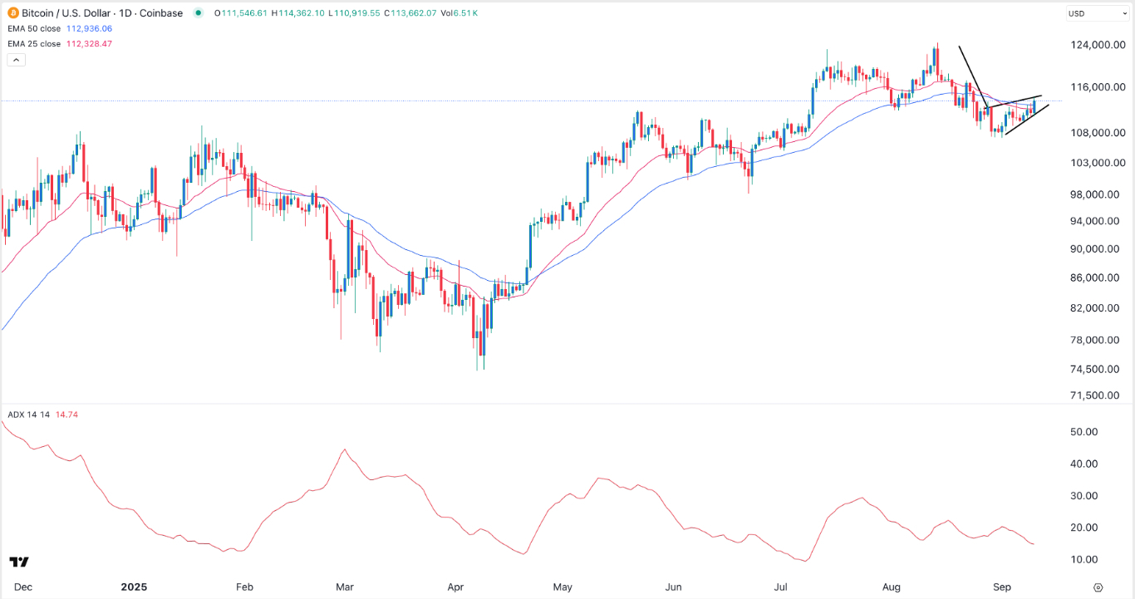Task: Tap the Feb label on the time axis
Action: pos(243,587)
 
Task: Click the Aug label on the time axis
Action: pos(892,587)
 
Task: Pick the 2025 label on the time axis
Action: pos(134,587)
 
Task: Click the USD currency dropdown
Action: pos(1097,13)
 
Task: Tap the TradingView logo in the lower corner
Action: pos(20,562)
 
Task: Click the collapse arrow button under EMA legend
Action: pos(16,60)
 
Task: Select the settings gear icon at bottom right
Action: pos(1098,587)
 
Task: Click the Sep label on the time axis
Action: pos(1004,587)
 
